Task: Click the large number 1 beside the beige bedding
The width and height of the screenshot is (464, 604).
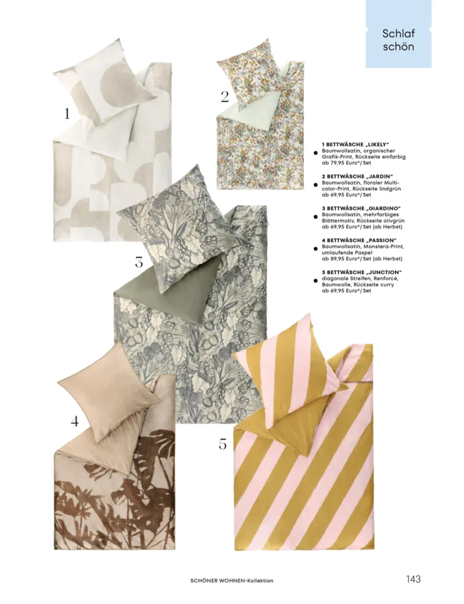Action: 67,114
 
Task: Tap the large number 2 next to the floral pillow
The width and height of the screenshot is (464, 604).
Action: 224,97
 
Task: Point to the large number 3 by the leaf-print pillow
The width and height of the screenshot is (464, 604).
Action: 139,262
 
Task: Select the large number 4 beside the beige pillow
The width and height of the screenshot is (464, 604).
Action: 74,421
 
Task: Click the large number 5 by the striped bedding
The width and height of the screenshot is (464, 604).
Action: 222,444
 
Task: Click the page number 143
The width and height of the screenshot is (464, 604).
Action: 413,579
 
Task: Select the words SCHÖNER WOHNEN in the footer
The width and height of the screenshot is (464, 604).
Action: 217,580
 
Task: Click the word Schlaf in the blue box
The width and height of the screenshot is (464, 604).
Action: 398,34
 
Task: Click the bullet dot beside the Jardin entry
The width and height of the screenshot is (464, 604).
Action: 316,185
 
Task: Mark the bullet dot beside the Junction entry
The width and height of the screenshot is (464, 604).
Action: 316,281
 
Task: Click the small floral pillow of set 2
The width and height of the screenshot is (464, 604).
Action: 251,77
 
